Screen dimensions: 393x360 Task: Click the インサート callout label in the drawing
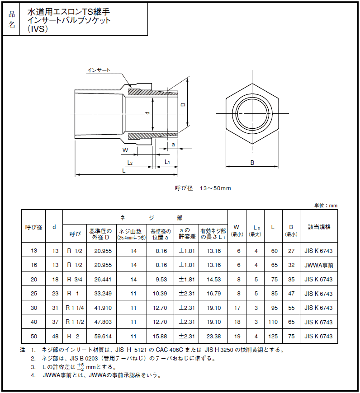(x=99, y=70)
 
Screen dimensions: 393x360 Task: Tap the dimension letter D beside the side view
(x=183, y=104)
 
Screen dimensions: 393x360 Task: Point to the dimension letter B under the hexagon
(x=252, y=163)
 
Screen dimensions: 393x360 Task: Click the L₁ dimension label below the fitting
(x=167, y=162)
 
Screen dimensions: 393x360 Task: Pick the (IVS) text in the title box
(x=38, y=29)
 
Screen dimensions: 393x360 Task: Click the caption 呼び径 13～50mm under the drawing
(x=203, y=188)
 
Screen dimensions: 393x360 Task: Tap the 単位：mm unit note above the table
(x=326, y=206)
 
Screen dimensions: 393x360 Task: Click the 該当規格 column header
(x=319, y=227)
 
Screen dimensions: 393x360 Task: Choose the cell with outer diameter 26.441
(x=102, y=280)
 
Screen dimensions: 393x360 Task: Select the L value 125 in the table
(x=273, y=337)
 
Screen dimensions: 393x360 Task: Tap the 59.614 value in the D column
(x=102, y=337)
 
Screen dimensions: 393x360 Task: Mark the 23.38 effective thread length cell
(x=213, y=337)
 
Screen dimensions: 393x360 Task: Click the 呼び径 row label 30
(x=34, y=308)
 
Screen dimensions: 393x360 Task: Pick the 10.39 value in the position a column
(x=161, y=294)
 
